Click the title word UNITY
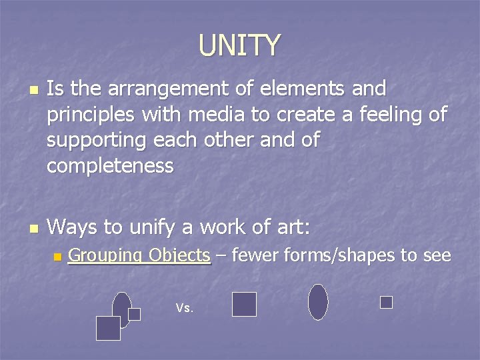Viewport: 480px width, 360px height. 239,45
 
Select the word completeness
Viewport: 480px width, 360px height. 110,165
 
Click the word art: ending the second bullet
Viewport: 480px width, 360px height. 289,227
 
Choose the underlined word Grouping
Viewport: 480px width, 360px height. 105,255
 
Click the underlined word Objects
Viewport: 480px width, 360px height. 179,255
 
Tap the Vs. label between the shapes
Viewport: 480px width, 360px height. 185,308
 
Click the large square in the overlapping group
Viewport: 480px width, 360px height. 108,328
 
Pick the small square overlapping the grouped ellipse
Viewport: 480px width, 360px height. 135,314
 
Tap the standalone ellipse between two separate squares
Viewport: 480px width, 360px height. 318,302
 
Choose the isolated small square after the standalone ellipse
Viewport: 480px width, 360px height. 386,302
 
